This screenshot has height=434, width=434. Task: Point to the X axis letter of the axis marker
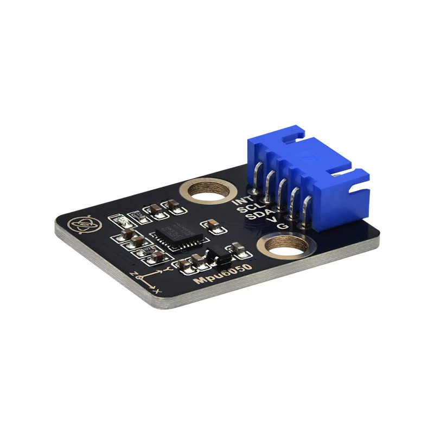point(157,291)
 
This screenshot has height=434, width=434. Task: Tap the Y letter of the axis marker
point(169,268)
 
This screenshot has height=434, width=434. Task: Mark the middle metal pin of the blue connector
point(280,194)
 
